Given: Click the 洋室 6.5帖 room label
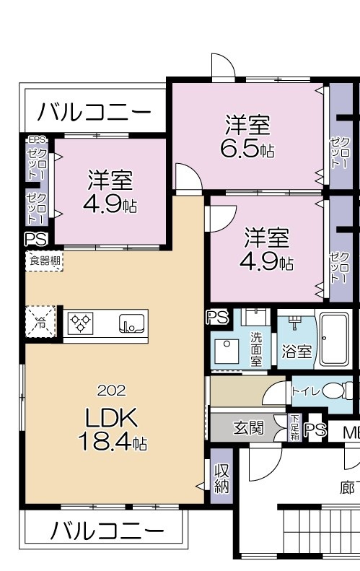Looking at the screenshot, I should (247, 137).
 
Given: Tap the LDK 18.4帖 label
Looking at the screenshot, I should (116, 429).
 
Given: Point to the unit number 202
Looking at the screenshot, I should (111, 391).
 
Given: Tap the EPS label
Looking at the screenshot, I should (35, 139).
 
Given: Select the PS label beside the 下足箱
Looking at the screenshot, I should (315, 430).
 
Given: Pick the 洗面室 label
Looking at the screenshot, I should (256, 348).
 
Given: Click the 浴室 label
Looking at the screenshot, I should (297, 352).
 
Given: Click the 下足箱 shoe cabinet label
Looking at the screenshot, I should (294, 429).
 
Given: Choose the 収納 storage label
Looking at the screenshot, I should (221, 478).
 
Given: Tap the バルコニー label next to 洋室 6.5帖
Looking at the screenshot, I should (94, 112).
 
